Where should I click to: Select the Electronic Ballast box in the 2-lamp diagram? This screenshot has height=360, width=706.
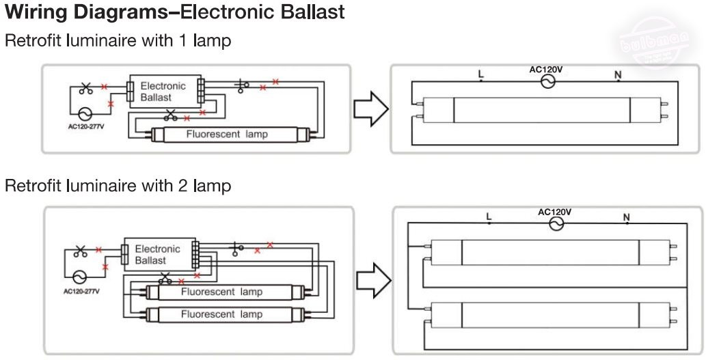point(157,254)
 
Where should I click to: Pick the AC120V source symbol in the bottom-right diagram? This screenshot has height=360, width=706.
point(557,224)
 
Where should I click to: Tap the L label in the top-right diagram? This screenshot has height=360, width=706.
point(480,72)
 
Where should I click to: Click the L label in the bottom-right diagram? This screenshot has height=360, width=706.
point(488,217)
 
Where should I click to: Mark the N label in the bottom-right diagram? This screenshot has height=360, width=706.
point(626,217)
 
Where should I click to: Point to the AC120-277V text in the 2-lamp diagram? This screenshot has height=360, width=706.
point(81,291)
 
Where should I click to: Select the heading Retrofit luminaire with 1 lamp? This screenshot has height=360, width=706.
point(118,41)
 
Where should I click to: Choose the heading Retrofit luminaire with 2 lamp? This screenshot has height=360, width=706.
point(118,185)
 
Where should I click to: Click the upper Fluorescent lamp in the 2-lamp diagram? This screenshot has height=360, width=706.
point(221,292)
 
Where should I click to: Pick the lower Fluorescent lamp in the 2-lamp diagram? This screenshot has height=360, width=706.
point(221,314)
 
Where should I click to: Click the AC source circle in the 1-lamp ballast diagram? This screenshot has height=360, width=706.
point(85,113)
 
